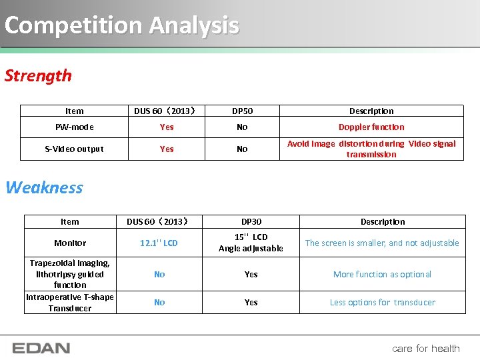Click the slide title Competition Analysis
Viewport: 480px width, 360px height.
coord(121,25)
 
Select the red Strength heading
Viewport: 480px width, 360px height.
coord(38,75)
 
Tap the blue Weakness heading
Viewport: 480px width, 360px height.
coord(45,187)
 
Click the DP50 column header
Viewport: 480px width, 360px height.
coord(242,111)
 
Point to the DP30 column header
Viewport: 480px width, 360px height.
coord(251,222)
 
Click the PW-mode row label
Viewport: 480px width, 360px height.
coord(74,127)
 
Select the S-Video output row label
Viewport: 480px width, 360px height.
coord(74,149)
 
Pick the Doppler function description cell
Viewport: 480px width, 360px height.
coord(371,127)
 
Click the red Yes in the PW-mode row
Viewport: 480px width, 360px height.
coord(167,127)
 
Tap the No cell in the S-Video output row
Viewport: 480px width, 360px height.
coord(242,149)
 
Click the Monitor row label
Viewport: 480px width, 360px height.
coord(70,243)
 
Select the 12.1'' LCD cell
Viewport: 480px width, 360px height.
coord(159,243)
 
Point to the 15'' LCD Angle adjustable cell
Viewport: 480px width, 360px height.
coord(251,243)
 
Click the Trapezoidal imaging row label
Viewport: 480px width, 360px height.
coord(70,273)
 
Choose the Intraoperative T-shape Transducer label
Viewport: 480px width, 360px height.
coord(70,303)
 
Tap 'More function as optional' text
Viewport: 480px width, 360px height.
coord(382,274)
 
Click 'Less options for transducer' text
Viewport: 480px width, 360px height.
coord(382,303)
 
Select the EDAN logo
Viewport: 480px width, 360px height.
coord(41,348)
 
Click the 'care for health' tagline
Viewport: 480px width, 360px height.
coord(426,348)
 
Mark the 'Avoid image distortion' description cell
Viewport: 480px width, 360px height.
coord(371,149)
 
